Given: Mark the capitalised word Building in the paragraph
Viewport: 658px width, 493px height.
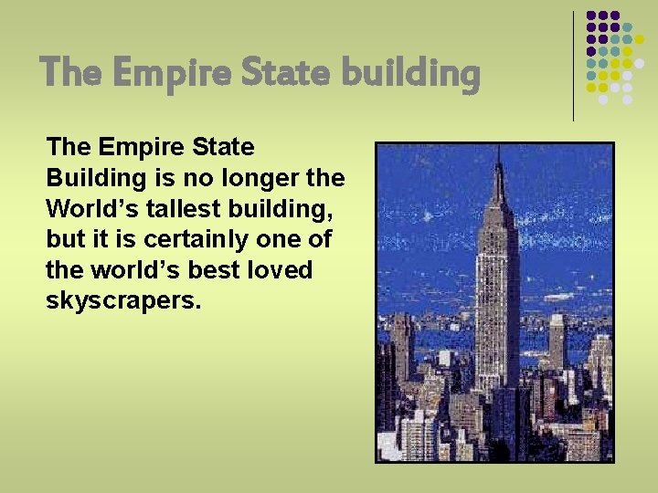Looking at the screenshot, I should point(93,177).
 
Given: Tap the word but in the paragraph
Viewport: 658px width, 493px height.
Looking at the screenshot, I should point(64,240).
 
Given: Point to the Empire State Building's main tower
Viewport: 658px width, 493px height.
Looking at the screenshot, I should point(498,292).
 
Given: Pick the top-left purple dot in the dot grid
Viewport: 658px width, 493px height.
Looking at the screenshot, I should point(591,16).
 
